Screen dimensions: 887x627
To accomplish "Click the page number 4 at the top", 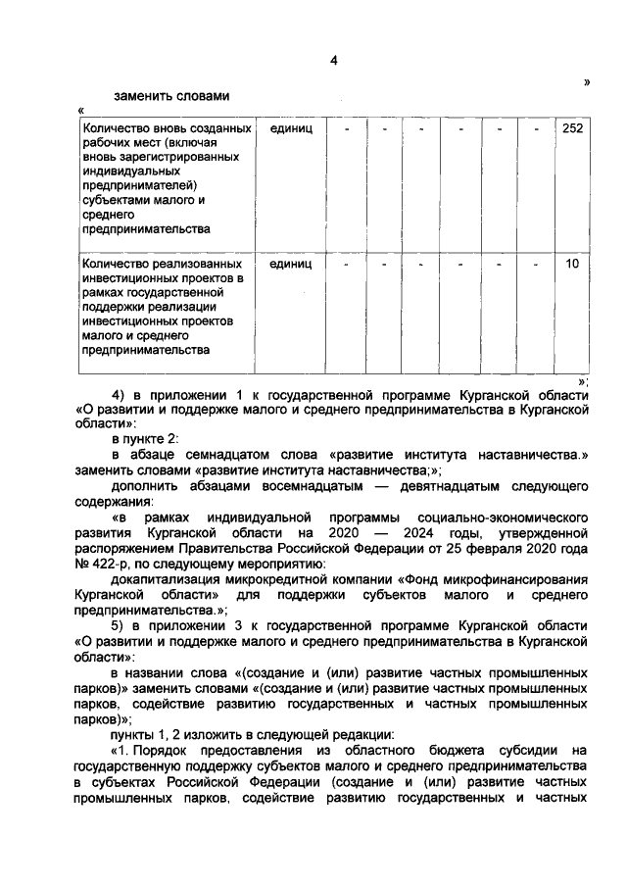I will point(333,62).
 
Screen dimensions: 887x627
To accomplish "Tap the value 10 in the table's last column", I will point(572,264).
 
